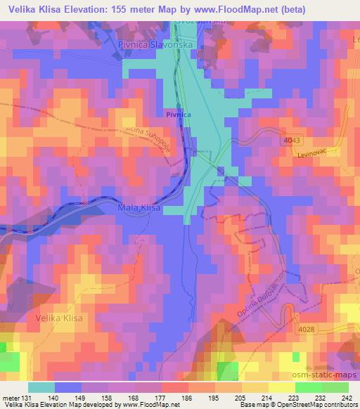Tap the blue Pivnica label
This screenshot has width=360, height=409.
pyautogui.click(x=178, y=112)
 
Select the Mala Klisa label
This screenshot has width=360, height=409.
pyautogui.click(x=139, y=208)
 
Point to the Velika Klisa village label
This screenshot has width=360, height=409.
pyautogui.click(x=58, y=319)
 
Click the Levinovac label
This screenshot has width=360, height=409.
pyautogui.click(x=313, y=152)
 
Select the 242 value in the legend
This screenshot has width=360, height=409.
pyautogui.click(x=346, y=397)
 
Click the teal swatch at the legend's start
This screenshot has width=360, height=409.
pyautogui.click(x=41, y=387)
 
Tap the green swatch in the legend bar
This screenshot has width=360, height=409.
pyautogui.click(x=308, y=387)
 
